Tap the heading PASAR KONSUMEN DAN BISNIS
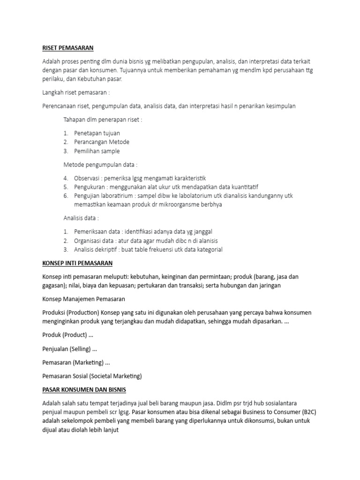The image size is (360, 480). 84,390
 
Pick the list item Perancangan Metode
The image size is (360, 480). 101,142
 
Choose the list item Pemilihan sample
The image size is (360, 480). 97,151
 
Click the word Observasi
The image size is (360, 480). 87,178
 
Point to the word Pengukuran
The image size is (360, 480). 90,187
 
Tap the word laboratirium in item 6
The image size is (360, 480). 119,196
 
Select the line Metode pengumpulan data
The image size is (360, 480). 100,165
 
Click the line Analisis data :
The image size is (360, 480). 81,218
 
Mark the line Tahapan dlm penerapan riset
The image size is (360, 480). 102,119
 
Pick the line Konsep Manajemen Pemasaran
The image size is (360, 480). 84,299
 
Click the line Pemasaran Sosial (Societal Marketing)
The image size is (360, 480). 92,376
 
